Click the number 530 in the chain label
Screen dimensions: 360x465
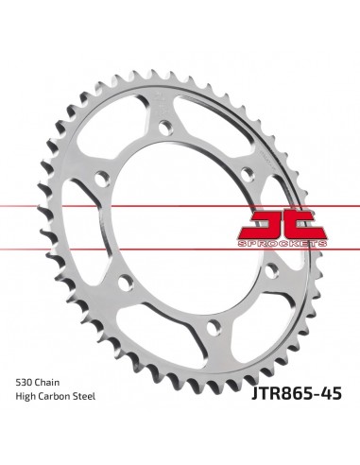point(24,383)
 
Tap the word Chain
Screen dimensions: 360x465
point(47,383)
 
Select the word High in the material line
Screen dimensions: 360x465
point(26,397)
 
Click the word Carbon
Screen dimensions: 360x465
point(54,396)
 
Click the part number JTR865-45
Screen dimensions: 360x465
point(297,393)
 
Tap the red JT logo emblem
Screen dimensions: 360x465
point(283,225)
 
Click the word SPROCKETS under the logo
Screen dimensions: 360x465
point(283,244)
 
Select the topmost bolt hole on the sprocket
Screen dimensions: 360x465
point(165,129)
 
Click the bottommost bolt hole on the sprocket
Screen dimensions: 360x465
point(214,328)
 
